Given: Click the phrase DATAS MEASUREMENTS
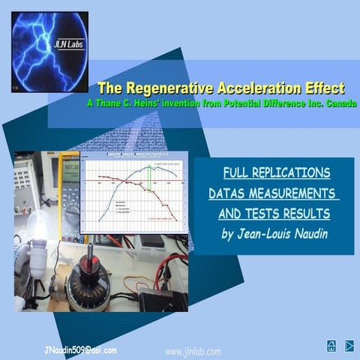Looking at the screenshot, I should pyautogui.click(x=274, y=194).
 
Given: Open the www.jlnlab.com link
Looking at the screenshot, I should pyautogui.click(x=192, y=351).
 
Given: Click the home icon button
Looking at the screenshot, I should pyautogui.click(x=331, y=346).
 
